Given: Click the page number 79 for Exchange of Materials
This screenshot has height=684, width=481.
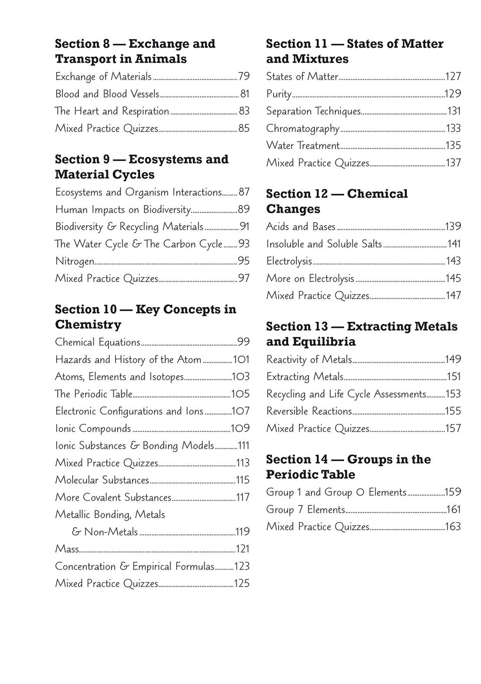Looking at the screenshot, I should pyautogui.click(x=244, y=76).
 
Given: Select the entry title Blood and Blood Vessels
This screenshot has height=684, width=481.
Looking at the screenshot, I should pyautogui.click(x=107, y=94).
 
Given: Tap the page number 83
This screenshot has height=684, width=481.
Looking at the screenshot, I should pyautogui.click(x=244, y=111).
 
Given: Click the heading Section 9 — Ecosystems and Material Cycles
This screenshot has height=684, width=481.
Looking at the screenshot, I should pyautogui.click(x=142, y=167).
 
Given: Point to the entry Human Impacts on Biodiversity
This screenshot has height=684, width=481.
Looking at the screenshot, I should pyautogui.click(x=123, y=210).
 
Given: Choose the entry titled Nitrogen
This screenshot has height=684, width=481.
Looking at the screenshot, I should pyautogui.click(x=75, y=262).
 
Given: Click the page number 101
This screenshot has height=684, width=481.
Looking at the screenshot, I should pyautogui.click(x=241, y=360).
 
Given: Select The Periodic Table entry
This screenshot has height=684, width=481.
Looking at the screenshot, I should pyautogui.click(x=93, y=394).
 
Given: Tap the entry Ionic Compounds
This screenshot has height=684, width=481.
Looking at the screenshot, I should pyautogui.click(x=93, y=429).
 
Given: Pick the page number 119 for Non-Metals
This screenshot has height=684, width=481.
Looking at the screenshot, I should pyautogui.click(x=243, y=532).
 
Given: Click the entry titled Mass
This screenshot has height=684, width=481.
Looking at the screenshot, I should pyautogui.click(x=67, y=549).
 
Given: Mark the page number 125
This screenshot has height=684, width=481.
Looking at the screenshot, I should pyautogui.click(x=242, y=584).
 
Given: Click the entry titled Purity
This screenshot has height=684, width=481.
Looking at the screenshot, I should pyautogui.click(x=279, y=94).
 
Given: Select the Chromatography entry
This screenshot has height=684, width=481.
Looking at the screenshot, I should pyautogui.click(x=303, y=129).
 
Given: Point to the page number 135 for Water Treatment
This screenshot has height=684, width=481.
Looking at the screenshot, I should pyautogui.click(x=453, y=146).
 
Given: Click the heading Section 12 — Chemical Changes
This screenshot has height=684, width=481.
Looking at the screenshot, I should pyautogui.click(x=337, y=201).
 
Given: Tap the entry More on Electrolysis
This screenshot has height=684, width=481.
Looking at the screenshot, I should pyautogui.click(x=310, y=279).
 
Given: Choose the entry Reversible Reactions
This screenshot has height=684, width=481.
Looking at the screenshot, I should pyautogui.click(x=309, y=411).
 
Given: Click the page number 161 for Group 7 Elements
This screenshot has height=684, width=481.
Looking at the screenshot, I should pyautogui.click(x=453, y=510).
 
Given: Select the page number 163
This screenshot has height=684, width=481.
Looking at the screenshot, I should pyautogui.click(x=453, y=527).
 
